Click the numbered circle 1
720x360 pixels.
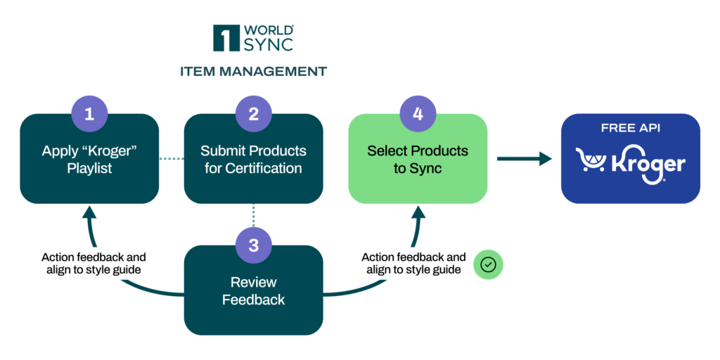click(89, 114)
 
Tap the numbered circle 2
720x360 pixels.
click(254, 114)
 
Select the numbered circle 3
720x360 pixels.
click(254, 245)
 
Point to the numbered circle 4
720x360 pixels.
click(418, 114)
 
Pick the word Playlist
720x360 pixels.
click(89, 169)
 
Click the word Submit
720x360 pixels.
click(221, 151)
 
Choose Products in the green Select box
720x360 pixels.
click(439, 151)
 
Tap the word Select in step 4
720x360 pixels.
click(387, 151)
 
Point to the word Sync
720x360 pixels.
click(427, 169)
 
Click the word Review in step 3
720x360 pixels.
click(254, 283)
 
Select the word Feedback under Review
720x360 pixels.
click(254, 300)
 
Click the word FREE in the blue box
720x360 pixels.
click(616, 129)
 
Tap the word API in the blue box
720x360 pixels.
click(650, 129)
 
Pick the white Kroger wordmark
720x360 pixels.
click(648, 165)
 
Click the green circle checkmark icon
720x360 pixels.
click(488, 265)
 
